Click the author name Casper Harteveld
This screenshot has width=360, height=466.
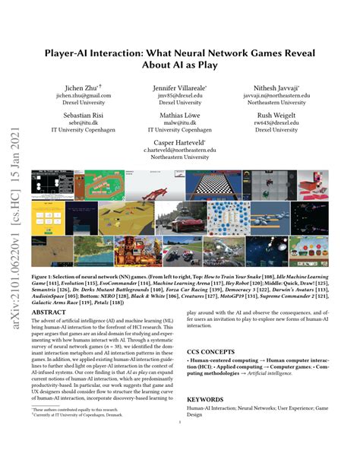click(181, 142)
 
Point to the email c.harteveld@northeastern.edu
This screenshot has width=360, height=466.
click(181, 151)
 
